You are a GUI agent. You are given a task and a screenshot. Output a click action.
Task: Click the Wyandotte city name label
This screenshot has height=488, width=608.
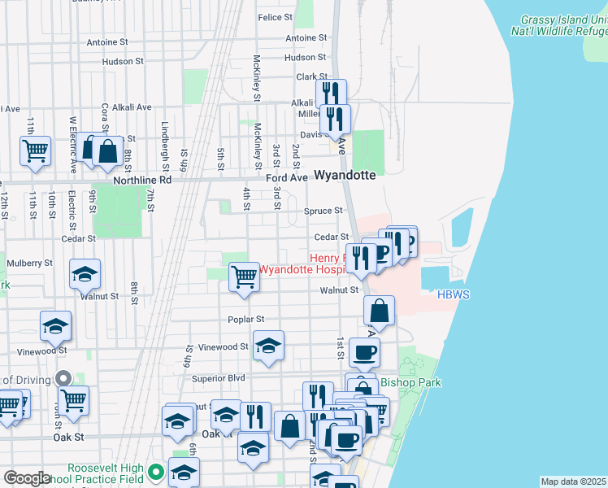point(345,175)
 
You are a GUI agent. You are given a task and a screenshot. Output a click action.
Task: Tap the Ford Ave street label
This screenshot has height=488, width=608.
point(287,177)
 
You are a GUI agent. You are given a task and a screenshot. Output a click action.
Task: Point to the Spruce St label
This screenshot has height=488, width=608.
point(323,211)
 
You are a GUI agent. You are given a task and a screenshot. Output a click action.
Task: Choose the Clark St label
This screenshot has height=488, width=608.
point(311,77)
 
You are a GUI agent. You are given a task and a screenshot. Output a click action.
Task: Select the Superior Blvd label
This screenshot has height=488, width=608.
point(218,378)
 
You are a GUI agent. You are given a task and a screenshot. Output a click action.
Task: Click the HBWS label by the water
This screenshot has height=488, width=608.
point(454,295)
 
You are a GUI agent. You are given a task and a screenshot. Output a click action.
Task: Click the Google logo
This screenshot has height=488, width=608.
point(27,478)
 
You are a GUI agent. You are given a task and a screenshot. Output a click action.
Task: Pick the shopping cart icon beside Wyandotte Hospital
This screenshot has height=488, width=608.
point(244,276)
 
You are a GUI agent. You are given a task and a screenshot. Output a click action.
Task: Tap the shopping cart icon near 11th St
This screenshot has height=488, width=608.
point(35,150)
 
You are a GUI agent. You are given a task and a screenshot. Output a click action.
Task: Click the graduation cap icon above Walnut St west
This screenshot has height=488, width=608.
point(85,274)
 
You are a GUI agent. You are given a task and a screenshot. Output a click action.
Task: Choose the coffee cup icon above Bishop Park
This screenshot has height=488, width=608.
point(364,351)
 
